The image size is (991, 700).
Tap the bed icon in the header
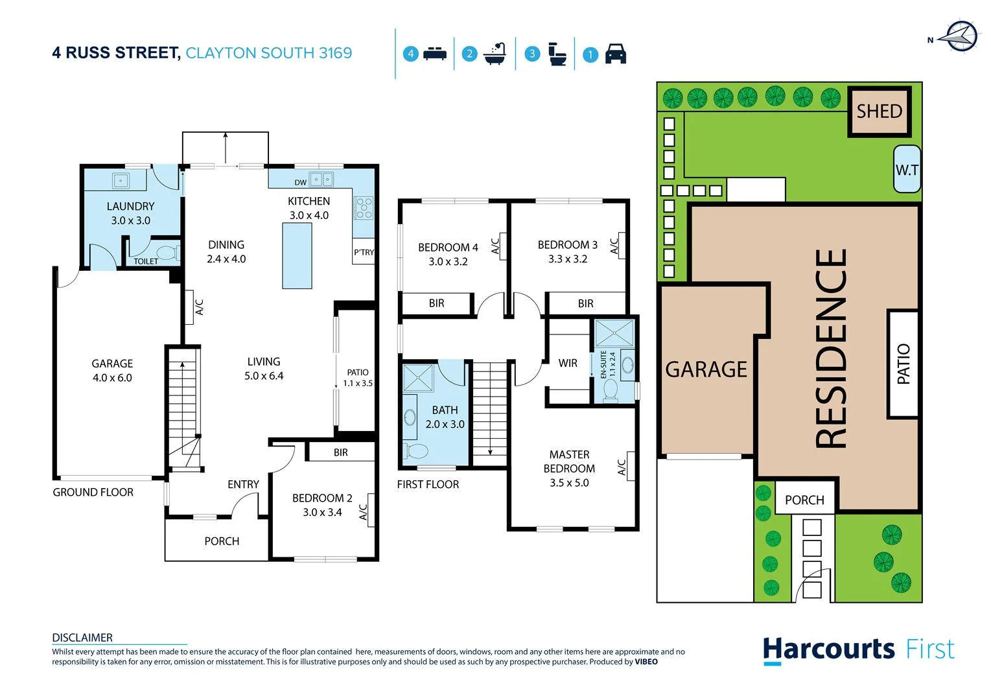click(434, 54)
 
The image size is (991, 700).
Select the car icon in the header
click(615, 54)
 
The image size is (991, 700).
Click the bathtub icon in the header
click(495, 54)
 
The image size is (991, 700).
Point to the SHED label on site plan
click(880, 111)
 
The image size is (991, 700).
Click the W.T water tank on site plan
click(907, 170)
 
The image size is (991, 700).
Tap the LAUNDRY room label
click(130, 207)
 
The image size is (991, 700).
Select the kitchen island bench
click(297, 255)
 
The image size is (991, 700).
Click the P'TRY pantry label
click(364, 252)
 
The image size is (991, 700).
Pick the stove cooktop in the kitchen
click(364, 207)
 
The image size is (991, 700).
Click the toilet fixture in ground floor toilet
click(167, 252)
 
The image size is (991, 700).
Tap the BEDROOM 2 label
click(322, 498)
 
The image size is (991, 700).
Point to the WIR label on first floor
click(568, 363)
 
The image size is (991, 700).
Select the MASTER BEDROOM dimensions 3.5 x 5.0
click(569, 483)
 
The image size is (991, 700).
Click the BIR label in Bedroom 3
click(585, 303)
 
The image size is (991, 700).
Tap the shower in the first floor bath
click(418, 379)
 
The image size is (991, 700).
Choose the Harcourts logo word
click(828, 649)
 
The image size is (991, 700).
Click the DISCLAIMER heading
click(82, 638)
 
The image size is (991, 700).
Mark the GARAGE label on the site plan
click(706, 369)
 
